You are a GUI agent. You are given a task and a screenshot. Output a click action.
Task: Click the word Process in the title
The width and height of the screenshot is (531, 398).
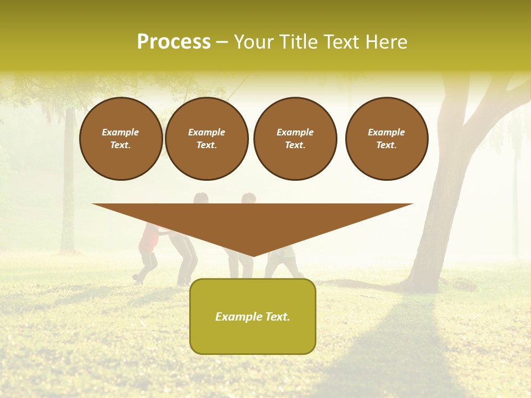(174, 42)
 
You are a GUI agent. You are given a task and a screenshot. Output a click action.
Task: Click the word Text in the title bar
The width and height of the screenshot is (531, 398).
(341, 42)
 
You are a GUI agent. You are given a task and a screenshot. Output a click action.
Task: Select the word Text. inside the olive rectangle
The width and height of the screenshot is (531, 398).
(277, 317)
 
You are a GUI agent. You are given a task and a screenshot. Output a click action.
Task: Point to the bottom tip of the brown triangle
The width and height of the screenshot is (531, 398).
(253, 255)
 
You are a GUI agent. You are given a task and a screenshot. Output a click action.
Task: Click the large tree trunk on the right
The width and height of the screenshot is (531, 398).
(442, 210)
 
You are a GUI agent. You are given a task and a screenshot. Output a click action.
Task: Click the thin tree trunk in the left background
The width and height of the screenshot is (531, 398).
(68, 182)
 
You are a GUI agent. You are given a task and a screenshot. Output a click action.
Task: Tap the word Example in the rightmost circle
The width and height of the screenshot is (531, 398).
(386, 132)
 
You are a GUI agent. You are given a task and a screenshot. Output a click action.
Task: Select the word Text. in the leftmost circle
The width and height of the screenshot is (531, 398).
(121, 145)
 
